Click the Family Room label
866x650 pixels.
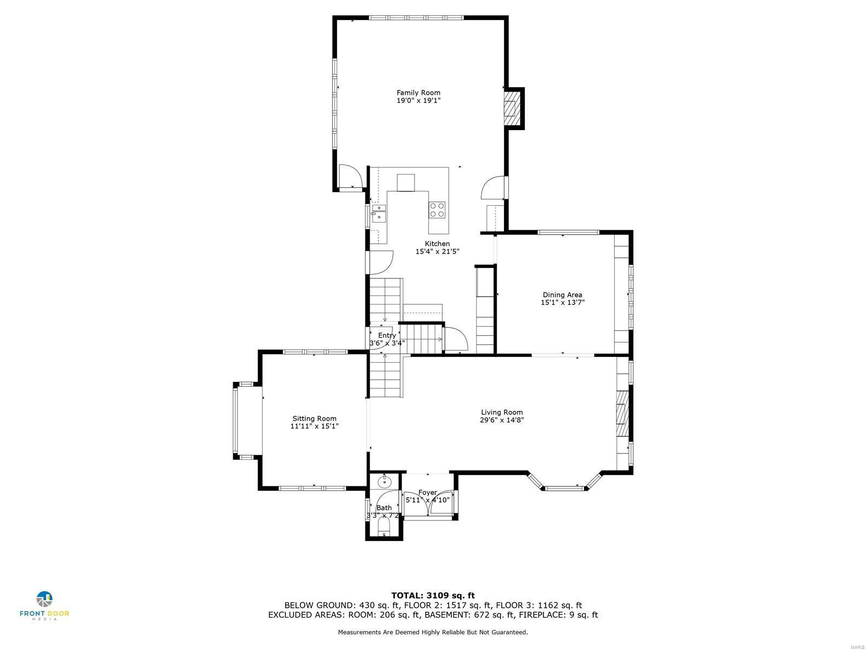(418, 93)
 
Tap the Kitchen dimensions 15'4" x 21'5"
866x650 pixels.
(437, 251)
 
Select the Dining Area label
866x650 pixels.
(562, 295)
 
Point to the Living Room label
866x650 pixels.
(502, 412)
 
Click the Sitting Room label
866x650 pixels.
(314, 418)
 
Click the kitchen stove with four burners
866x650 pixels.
(437, 210)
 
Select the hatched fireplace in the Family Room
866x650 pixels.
(510, 109)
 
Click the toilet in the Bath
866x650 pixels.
(384, 527)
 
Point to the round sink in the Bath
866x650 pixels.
(385, 481)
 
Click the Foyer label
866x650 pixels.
(428, 492)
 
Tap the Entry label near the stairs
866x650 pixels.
(386, 335)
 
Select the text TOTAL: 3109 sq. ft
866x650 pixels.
(433, 595)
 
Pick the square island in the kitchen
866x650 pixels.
(406, 183)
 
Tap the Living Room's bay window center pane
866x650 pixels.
(565, 488)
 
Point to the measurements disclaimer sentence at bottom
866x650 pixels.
(433, 632)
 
